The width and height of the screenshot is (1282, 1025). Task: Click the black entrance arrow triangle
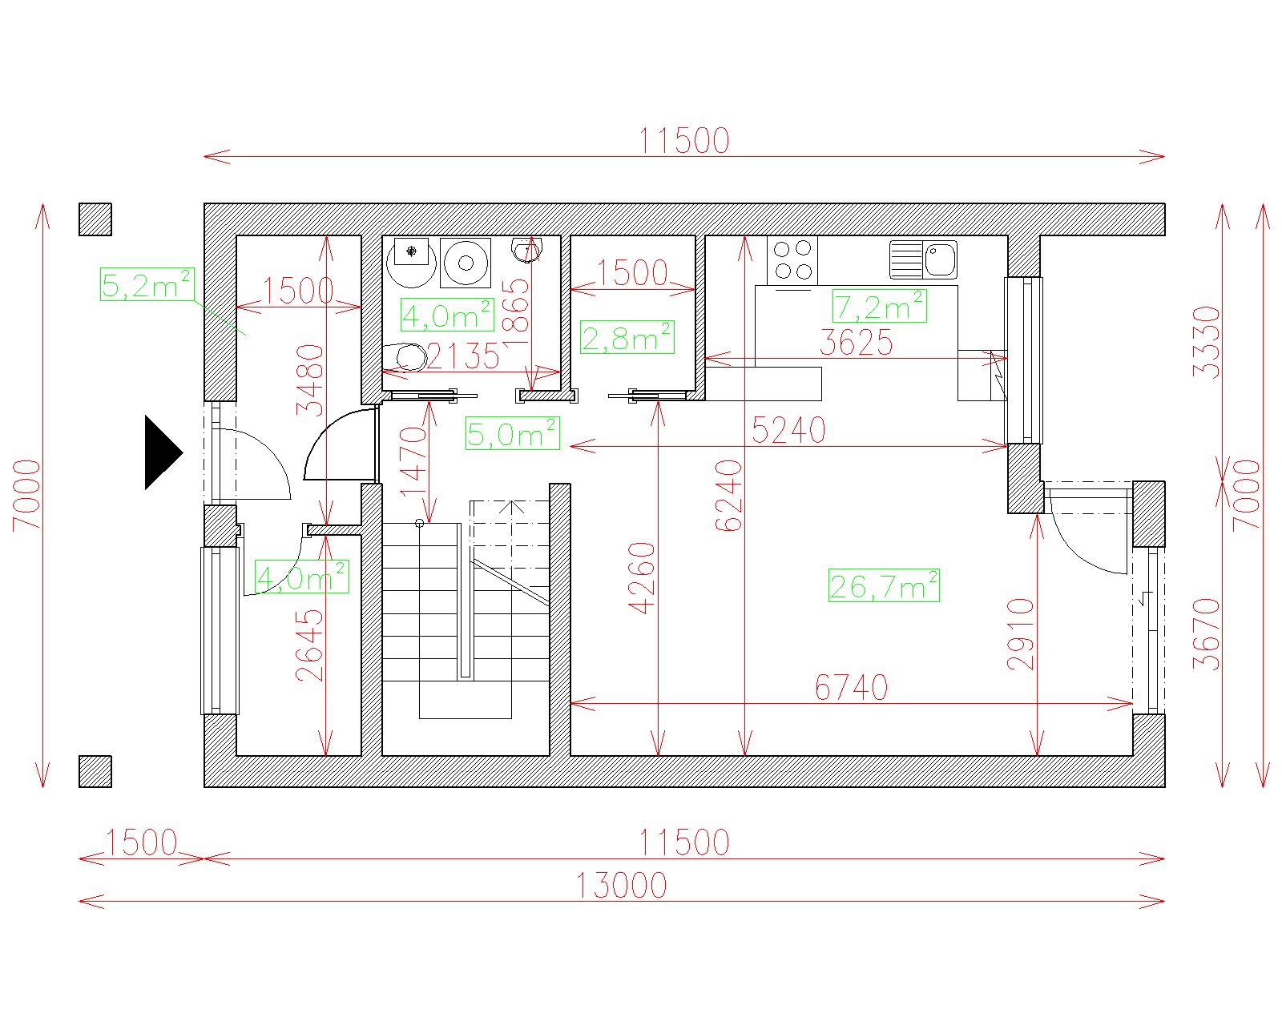pyautogui.click(x=161, y=452)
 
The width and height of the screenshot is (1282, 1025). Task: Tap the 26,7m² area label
pyautogui.click(x=884, y=585)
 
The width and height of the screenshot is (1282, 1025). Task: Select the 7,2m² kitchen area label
pyautogui.click(x=879, y=306)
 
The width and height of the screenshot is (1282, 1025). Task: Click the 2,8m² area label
pyautogui.click(x=627, y=337)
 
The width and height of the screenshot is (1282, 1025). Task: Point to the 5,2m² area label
pyautogui.click(x=147, y=284)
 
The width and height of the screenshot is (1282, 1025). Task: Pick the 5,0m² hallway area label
pyautogui.click(x=512, y=432)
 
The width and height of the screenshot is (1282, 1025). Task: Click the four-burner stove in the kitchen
pyautogui.click(x=792, y=260)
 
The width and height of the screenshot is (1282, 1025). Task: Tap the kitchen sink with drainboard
pyautogui.click(x=923, y=259)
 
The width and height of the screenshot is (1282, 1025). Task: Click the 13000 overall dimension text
pyautogui.click(x=621, y=885)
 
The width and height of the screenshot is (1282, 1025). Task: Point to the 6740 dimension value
pyautogui.click(x=851, y=687)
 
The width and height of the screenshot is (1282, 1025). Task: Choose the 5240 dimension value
pyautogui.click(x=788, y=430)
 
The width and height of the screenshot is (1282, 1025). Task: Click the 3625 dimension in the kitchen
pyautogui.click(x=856, y=342)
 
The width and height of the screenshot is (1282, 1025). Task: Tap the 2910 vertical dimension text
pyautogui.click(x=1021, y=634)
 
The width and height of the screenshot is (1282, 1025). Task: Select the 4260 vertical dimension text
pyautogui.click(x=642, y=577)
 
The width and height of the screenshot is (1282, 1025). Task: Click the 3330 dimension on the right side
pyautogui.click(x=1207, y=342)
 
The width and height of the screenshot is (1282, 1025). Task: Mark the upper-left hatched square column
pyautogui.click(x=95, y=219)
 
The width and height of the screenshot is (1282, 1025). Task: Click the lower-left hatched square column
pyautogui.click(x=95, y=771)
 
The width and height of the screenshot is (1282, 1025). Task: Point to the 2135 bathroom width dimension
pyautogui.click(x=463, y=356)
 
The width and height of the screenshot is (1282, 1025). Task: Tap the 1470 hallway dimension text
pyautogui.click(x=413, y=461)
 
